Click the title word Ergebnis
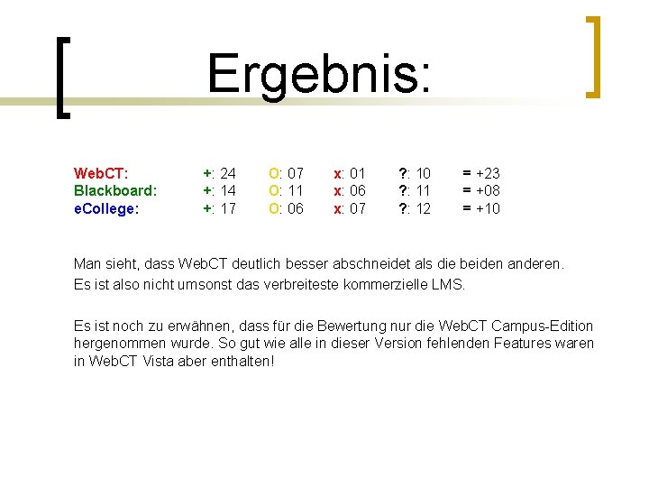(x=319, y=74)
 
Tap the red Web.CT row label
(x=100, y=172)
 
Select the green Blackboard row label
(x=115, y=190)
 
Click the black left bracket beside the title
(x=60, y=77)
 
